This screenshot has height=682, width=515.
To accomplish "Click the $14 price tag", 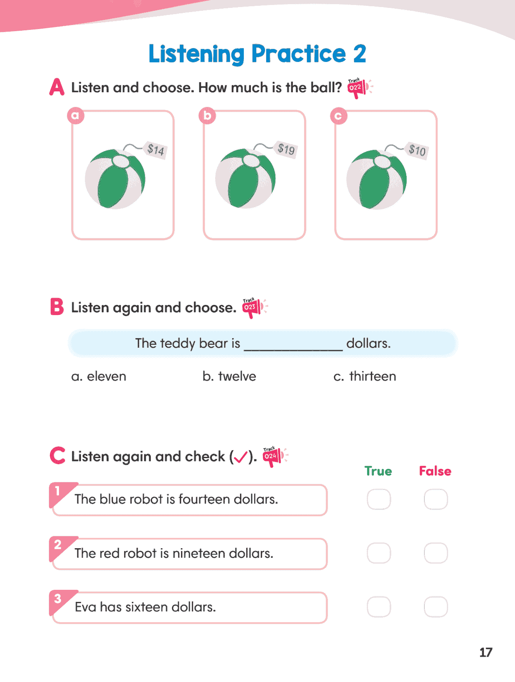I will coord(156,149).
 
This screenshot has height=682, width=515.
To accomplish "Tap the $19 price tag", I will coord(286,148).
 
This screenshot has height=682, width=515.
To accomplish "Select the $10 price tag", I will coord(417,150).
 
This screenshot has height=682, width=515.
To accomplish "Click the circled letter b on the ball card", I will coord(207,116).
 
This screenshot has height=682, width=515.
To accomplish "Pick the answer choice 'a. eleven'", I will coord(99,376).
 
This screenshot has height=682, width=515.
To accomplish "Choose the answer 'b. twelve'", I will coord(229,376).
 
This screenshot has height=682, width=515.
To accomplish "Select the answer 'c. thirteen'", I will coord(365,376).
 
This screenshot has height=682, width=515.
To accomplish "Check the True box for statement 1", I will coord(379,499).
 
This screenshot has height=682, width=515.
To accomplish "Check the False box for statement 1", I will coord(436,499).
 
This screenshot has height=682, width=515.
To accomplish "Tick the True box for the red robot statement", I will coord(379,553).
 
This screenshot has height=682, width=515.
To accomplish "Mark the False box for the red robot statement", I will coord(436,553).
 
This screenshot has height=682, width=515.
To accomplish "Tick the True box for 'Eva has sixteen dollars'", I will coord(379,607).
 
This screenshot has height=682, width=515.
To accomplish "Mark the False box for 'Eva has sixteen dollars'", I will coord(436,607).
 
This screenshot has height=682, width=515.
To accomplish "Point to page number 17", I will coord(486,653).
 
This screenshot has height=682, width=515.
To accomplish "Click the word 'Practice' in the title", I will coord(298,54).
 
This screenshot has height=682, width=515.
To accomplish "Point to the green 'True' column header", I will coord(378,471).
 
